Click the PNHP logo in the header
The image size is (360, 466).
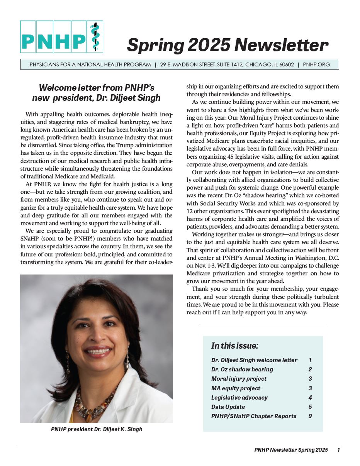click(x=61, y=37)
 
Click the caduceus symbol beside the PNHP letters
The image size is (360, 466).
click(x=95, y=37)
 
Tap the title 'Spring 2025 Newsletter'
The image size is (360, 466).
click(x=228, y=45)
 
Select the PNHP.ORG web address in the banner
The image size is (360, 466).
click(x=317, y=64)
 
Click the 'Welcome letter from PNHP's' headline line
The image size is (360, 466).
click(x=97, y=88)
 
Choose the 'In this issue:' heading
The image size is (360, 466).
click(x=235, y=346)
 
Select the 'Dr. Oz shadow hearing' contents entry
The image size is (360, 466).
click(x=242, y=369)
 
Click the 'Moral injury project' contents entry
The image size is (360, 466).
click(x=239, y=379)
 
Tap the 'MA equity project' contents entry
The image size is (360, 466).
click(x=236, y=388)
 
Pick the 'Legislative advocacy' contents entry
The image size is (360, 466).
click(x=239, y=398)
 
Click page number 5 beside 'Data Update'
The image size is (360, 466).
click(x=310, y=407)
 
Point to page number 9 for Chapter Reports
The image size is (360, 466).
click(x=310, y=416)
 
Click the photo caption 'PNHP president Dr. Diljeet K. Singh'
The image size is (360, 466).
click(x=97, y=429)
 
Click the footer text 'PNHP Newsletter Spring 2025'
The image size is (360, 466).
click(x=291, y=450)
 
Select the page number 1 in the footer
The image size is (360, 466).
click(x=338, y=450)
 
